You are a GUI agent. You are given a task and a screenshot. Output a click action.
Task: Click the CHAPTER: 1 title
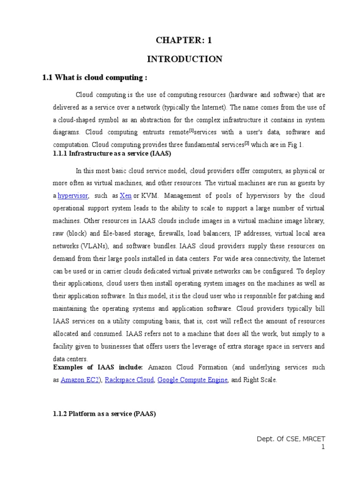click(x=184, y=41)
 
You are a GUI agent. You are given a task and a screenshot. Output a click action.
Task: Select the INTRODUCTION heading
click(x=185, y=59)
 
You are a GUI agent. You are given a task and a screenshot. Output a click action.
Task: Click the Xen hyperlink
click(x=126, y=195)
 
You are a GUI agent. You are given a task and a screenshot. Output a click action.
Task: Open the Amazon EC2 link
click(x=80, y=380)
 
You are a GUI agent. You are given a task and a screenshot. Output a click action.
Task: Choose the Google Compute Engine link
click(x=193, y=380)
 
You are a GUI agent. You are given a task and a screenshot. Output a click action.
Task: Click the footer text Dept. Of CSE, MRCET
click(x=291, y=439)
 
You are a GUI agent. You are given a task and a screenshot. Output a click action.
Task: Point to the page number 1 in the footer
click(x=323, y=447)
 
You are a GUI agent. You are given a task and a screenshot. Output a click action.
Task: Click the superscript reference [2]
click(x=247, y=143)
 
